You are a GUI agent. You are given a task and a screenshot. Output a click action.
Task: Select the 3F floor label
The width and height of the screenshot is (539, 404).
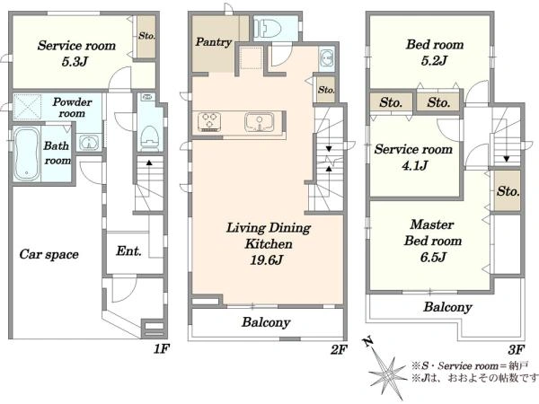[x=516, y=348]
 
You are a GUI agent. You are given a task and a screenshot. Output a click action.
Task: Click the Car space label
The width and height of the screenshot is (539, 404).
[x=49, y=254]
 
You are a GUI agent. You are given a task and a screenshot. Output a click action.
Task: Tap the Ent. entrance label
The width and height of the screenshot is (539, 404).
[x=129, y=251]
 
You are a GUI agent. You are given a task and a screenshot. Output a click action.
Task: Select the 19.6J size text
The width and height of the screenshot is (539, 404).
[x=267, y=261]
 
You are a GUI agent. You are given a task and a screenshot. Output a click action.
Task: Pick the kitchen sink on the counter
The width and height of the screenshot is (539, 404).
[x=261, y=121]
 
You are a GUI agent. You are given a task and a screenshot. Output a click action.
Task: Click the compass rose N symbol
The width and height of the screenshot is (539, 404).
[x=367, y=341]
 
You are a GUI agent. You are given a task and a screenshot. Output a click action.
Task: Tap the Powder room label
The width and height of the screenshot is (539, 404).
[x=68, y=108]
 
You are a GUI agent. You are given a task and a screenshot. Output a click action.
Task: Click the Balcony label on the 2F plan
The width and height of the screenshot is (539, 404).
[x=265, y=322]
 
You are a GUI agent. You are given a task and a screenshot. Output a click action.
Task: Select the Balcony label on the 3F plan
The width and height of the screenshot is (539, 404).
[x=447, y=307]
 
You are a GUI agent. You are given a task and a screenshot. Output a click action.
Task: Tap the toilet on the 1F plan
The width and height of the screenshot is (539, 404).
[x=150, y=136]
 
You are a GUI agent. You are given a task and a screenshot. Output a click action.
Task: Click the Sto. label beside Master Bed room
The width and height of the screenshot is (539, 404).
[x=508, y=192]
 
